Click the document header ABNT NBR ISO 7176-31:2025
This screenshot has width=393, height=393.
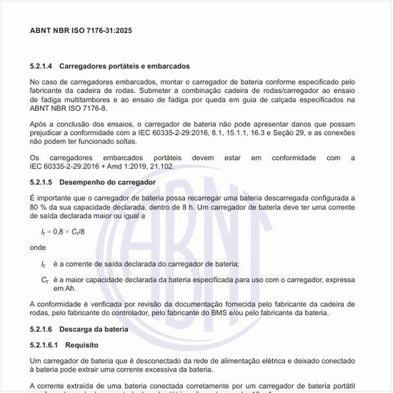pos(81,31)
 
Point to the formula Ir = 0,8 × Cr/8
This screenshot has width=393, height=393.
pos(63,232)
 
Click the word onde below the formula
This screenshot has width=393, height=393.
pos(38,248)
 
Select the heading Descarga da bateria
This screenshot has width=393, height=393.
pos(94,329)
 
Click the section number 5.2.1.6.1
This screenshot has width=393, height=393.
pos(44,344)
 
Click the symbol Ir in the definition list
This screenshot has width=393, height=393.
pos(43,264)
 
